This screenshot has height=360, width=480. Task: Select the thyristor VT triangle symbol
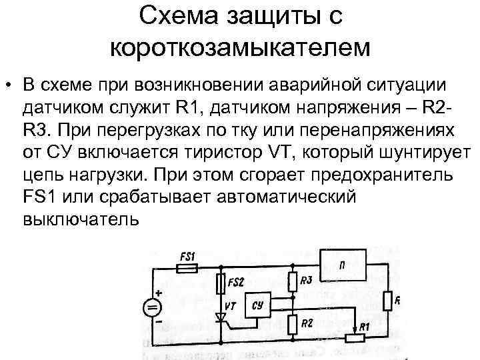[x=221, y=313]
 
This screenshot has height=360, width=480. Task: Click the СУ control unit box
[x=259, y=306]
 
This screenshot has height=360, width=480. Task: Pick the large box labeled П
[x=344, y=266]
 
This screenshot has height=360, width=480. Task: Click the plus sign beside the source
[x=159, y=293]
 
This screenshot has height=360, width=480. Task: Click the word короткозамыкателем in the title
[x=240, y=46]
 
